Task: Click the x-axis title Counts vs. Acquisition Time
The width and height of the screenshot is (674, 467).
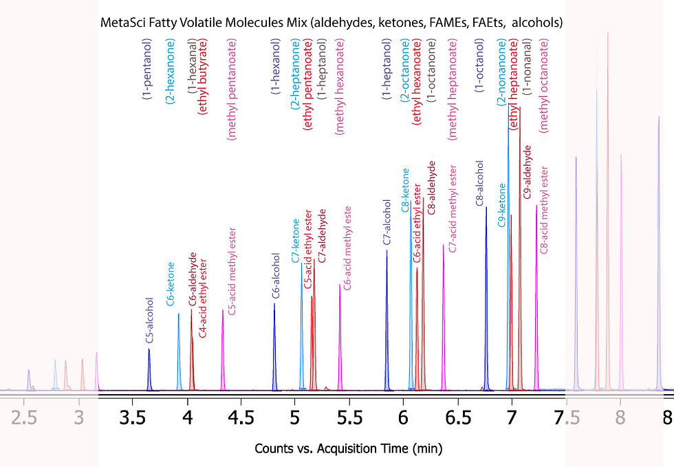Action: click(x=349, y=448)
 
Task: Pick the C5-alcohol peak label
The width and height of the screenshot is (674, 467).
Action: click(x=149, y=329)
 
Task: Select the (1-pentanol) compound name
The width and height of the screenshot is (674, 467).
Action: click(x=146, y=69)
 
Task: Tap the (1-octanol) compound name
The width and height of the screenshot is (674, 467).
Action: click(x=479, y=66)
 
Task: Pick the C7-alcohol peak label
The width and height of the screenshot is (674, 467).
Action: click(x=388, y=222)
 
